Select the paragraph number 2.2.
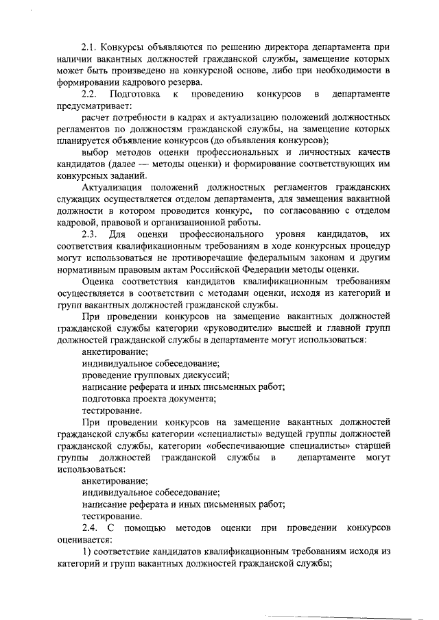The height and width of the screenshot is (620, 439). [x=89, y=94]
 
